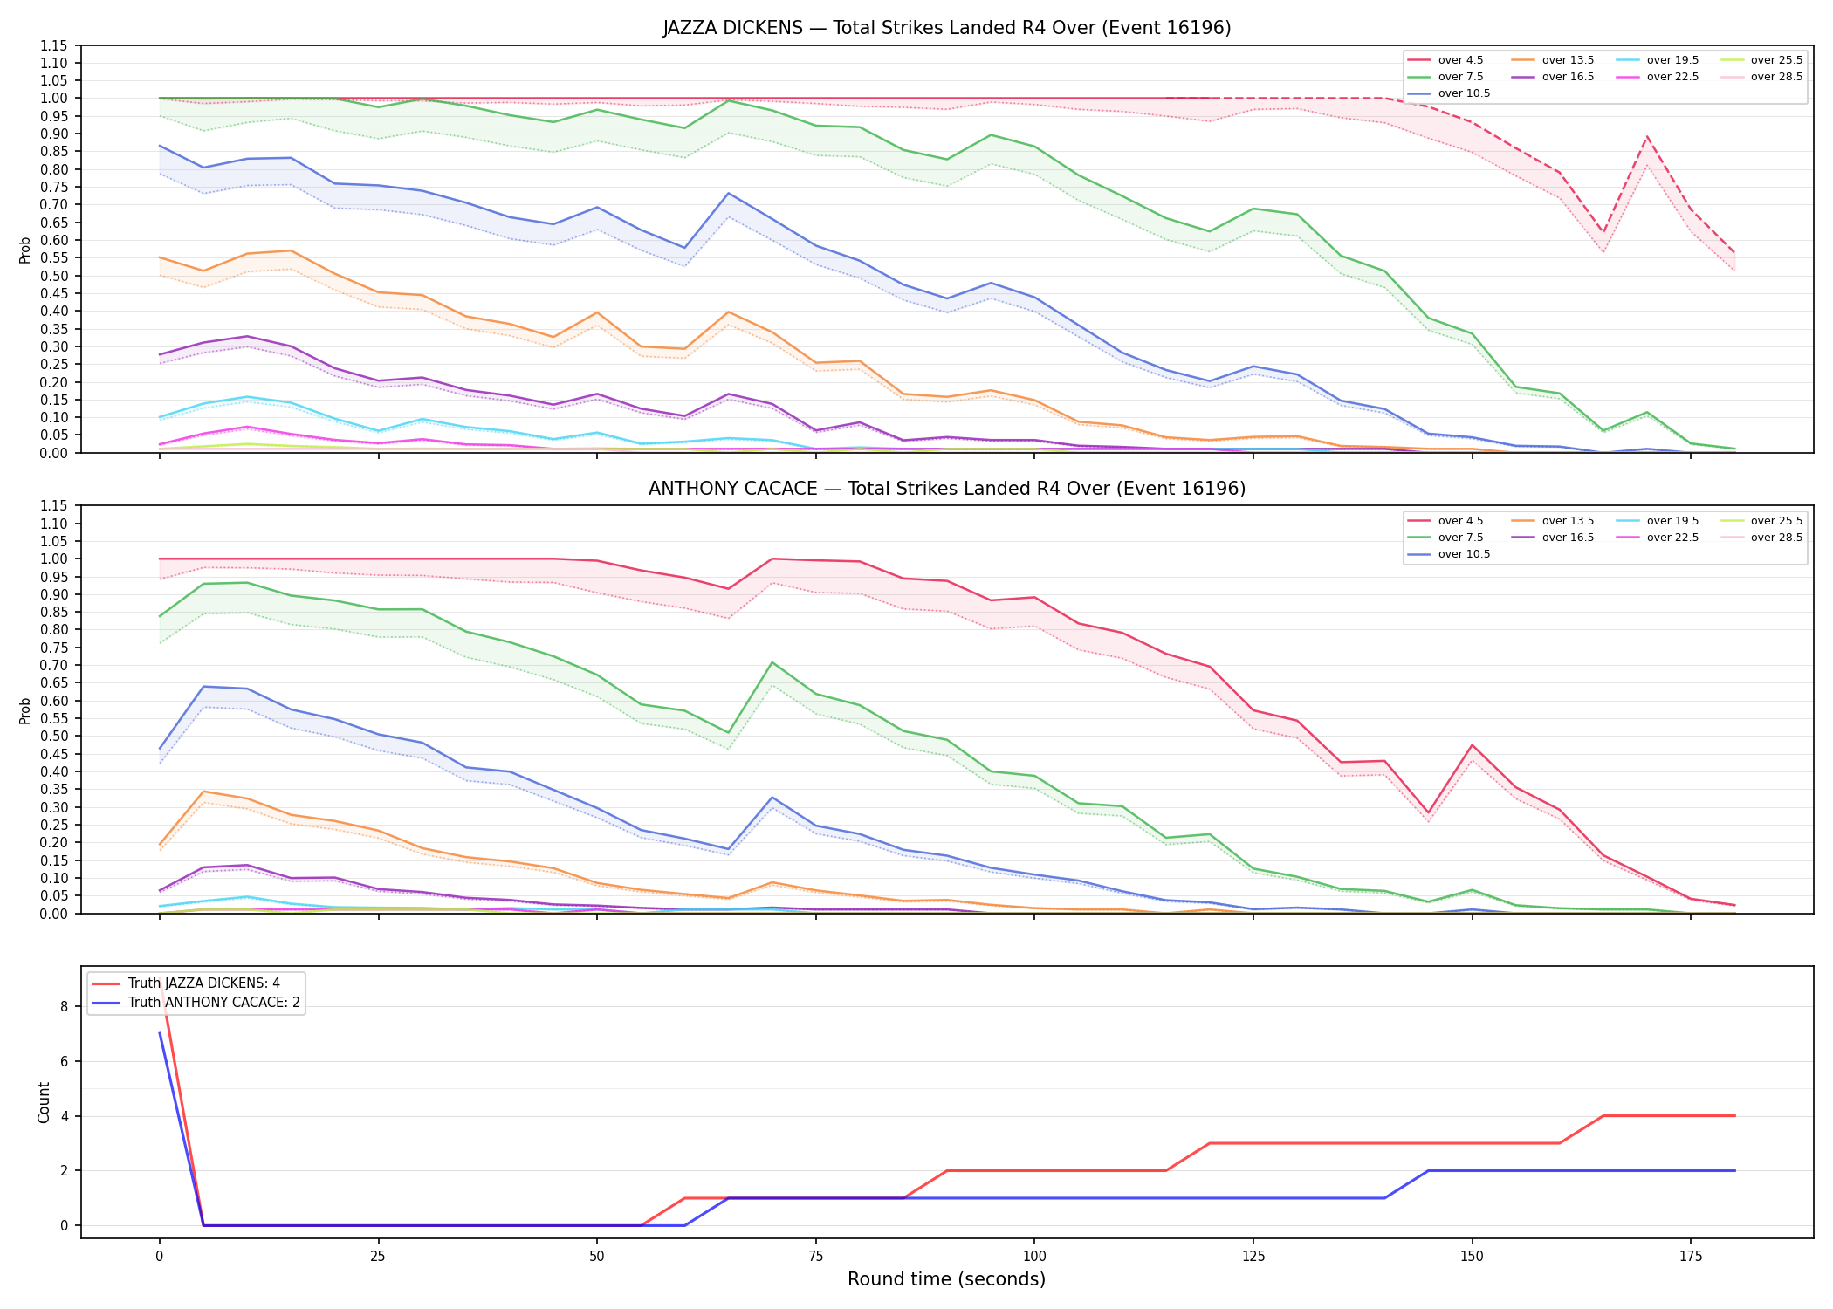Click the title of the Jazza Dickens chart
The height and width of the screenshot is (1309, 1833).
click(x=947, y=28)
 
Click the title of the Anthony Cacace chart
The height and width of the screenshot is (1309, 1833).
click(x=947, y=489)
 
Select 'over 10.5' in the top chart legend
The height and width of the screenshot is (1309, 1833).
click(x=1464, y=93)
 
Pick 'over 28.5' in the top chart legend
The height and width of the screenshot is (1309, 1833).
click(x=1776, y=77)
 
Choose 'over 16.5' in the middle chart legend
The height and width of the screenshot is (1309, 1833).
click(x=1568, y=538)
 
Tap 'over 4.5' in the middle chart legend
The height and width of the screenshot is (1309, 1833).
click(x=1460, y=521)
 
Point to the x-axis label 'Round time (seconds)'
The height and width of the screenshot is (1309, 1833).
click(x=947, y=1279)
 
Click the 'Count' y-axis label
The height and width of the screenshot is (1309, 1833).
click(x=44, y=1102)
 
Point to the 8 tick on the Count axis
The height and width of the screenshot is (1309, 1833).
click(x=64, y=1006)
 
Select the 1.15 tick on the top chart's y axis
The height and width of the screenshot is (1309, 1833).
click(x=54, y=45)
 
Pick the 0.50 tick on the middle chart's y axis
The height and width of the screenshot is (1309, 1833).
click(x=54, y=736)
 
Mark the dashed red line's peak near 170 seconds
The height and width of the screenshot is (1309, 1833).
click(x=1647, y=136)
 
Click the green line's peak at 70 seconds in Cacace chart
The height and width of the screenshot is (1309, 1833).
click(x=772, y=662)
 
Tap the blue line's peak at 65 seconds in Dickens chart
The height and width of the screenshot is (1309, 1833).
click(x=728, y=193)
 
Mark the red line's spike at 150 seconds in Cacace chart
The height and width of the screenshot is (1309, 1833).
click(x=1472, y=745)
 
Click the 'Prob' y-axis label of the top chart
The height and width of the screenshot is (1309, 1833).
click(x=24, y=250)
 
